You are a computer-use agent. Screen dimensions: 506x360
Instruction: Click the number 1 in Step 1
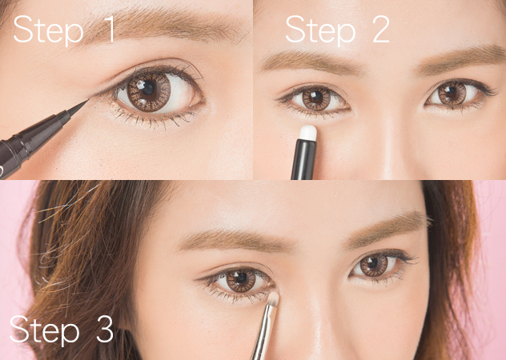[x=110, y=29]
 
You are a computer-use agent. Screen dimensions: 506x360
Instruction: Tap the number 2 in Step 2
[x=381, y=29]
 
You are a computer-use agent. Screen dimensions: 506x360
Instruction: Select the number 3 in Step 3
[x=105, y=329]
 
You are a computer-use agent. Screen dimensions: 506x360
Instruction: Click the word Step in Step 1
[x=48, y=31]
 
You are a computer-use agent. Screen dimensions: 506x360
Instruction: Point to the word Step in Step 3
[x=45, y=330]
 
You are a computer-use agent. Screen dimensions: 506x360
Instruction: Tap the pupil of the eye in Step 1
[x=148, y=87]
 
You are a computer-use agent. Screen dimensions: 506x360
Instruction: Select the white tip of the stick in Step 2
[x=308, y=132]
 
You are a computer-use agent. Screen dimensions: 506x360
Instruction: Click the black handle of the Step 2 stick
[x=303, y=159]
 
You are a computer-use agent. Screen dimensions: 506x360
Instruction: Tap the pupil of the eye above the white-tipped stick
[x=316, y=96]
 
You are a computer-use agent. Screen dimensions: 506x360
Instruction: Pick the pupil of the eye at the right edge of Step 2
[x=451, y=90]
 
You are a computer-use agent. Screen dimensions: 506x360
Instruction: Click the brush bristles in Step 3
[x=273, y=299]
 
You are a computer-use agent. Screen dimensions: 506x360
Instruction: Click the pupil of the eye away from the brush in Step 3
[x=372, y=263]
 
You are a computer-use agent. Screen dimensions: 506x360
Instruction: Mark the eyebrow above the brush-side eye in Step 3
[x=237, y=240]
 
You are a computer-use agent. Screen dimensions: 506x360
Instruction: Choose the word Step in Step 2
[x=320, y=31]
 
